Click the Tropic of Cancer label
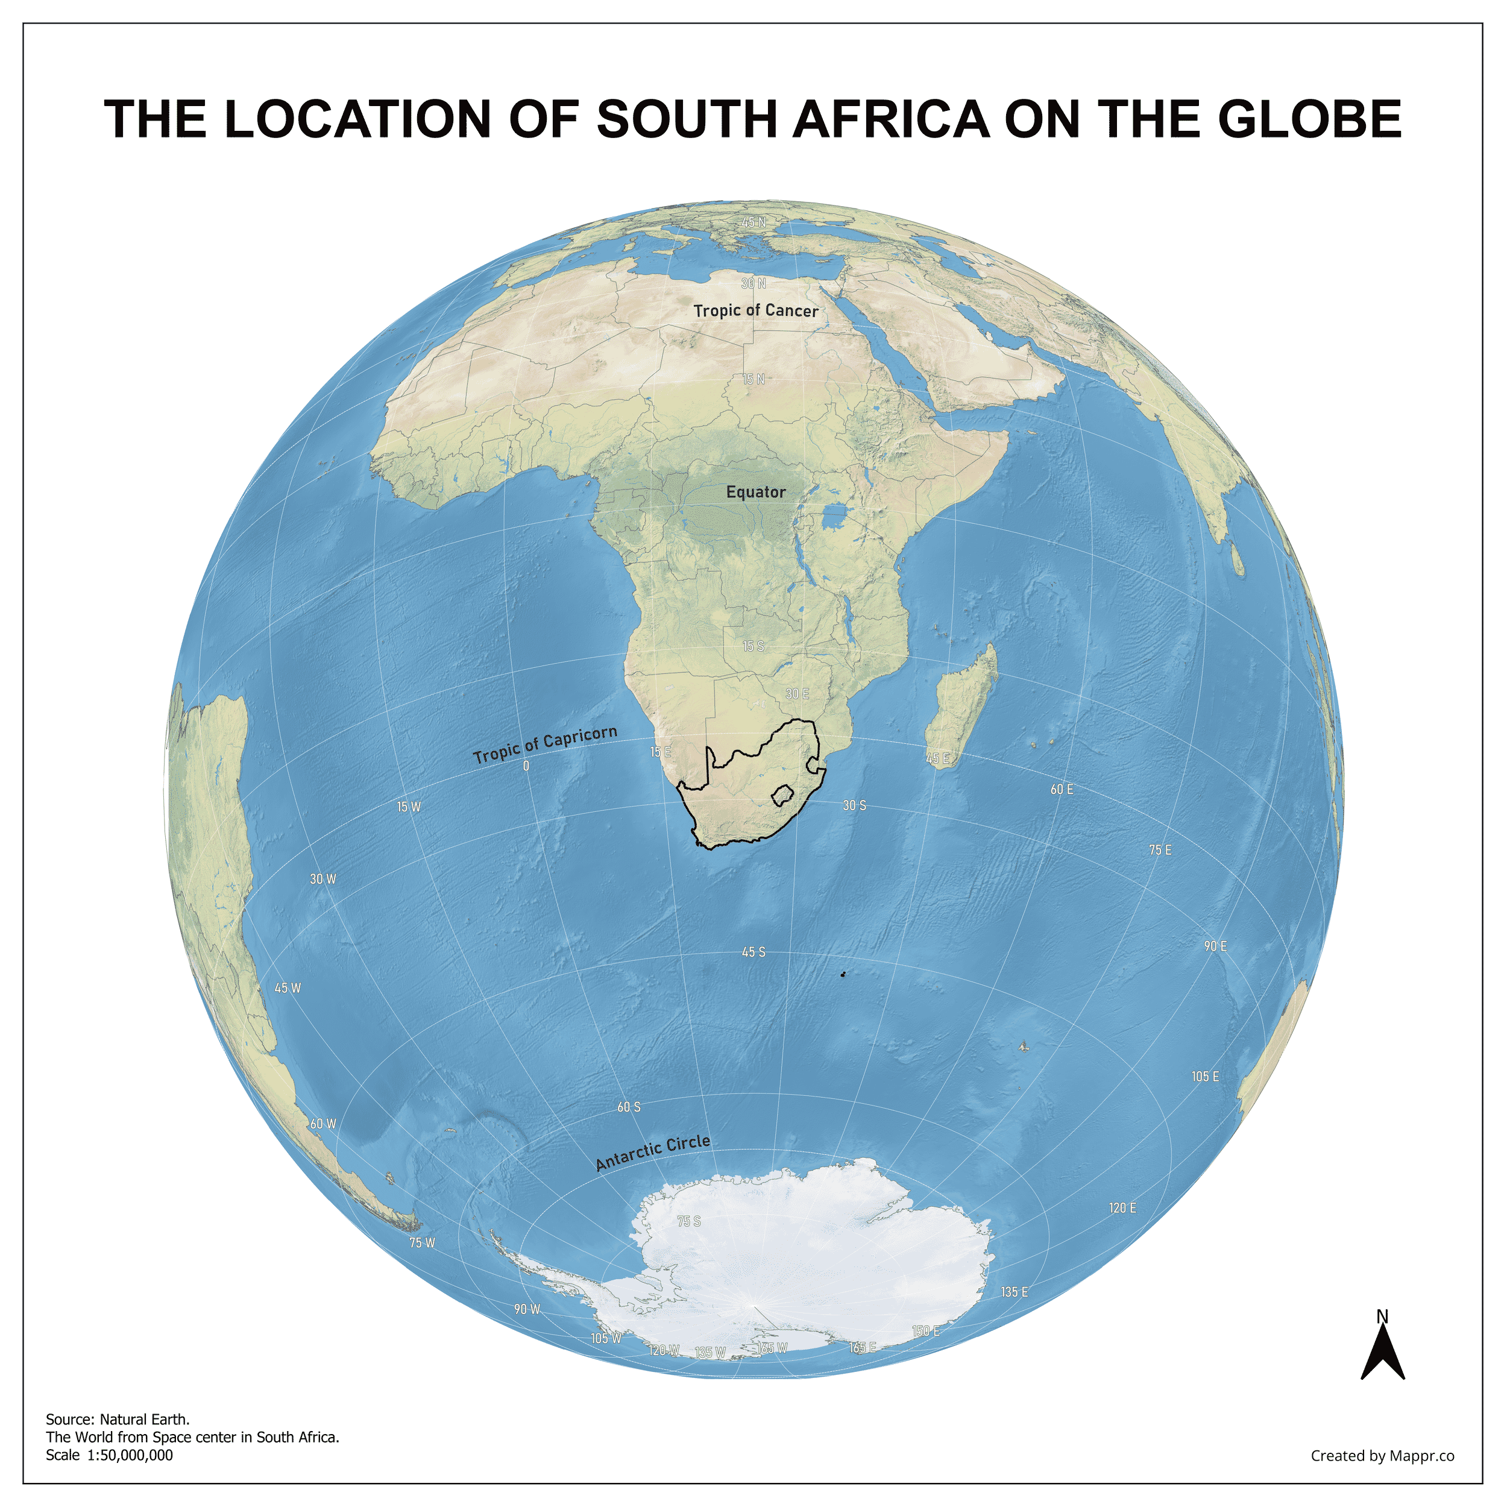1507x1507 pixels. coord(755,310)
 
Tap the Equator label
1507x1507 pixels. coord(755,492)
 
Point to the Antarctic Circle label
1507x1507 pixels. coord(652,1153)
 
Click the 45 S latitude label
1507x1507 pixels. coord(753,952)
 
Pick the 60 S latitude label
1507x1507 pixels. coord(629,1107)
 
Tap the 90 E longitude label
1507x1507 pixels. coord(1215,945)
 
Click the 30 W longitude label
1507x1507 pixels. coord(323,879)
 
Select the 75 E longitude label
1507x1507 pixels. coord(1159,850)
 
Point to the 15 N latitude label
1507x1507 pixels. coord(753,379)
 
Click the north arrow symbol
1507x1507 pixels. coord(1382,1350)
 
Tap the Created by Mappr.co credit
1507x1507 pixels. coord(1382,1456)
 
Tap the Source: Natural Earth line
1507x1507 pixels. coord(118,1420)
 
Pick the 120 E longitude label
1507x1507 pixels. coord(1122,1208)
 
